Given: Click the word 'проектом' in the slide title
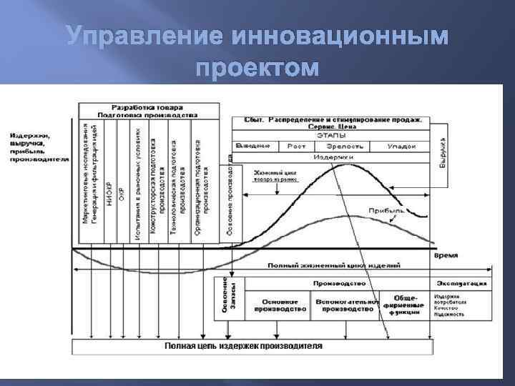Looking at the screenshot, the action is click(x=257, y=69).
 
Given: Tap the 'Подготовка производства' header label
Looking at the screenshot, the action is click(x=149, y=114).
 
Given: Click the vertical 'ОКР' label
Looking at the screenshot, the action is click(x=122, y=189).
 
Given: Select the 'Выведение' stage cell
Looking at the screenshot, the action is click(x=253, y=146).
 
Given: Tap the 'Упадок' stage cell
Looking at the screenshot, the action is click(x=402, y=146).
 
